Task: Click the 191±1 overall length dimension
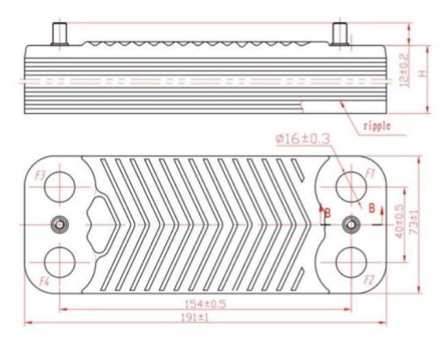195,318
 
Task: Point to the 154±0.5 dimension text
205,304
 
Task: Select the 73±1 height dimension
415,222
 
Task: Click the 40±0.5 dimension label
399,221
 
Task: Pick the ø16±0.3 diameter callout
303,139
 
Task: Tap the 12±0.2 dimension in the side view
405,70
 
